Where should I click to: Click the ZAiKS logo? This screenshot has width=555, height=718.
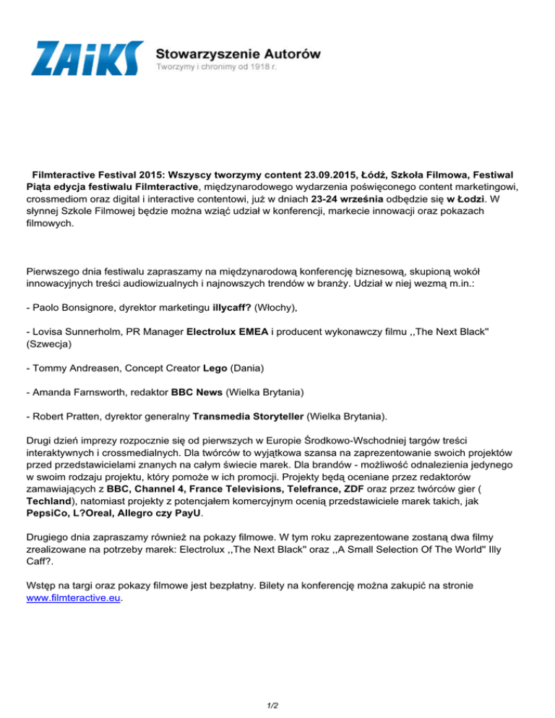click(x=87, y=59)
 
